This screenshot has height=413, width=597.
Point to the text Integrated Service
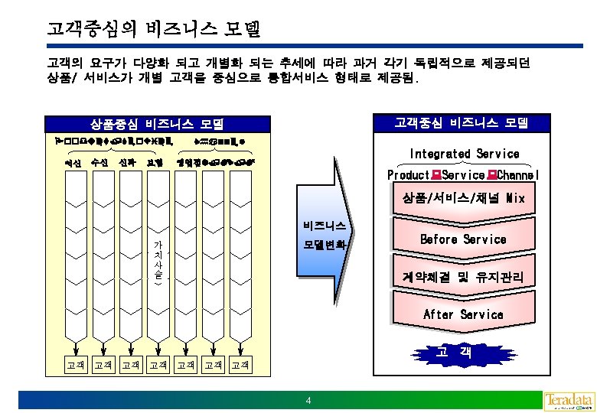coord(464,154)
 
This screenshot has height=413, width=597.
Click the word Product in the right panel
coord(408,175)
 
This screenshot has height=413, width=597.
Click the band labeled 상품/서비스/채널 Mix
coord(464,199)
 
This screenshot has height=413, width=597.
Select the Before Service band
coord(464,239)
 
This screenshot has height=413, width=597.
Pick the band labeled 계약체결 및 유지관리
coord(464,277)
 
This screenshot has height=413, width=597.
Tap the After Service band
coord(464,314)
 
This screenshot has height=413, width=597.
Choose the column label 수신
coord(99,162)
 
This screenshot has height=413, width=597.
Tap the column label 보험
coord(154,162)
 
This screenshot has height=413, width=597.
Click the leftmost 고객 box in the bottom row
coord(76,365)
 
